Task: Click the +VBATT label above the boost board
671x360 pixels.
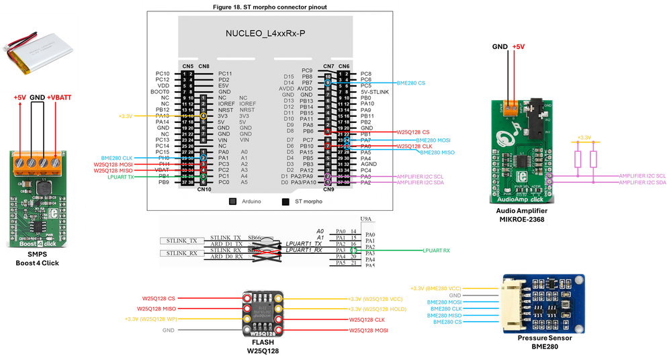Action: [58, 98]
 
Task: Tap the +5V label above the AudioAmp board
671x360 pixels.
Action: [518, 47]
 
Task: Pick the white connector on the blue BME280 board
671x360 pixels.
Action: [510, 303]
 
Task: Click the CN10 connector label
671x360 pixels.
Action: [204, 189]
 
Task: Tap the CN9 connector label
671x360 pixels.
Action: [328, 189]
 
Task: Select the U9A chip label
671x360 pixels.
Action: [366, 219]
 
